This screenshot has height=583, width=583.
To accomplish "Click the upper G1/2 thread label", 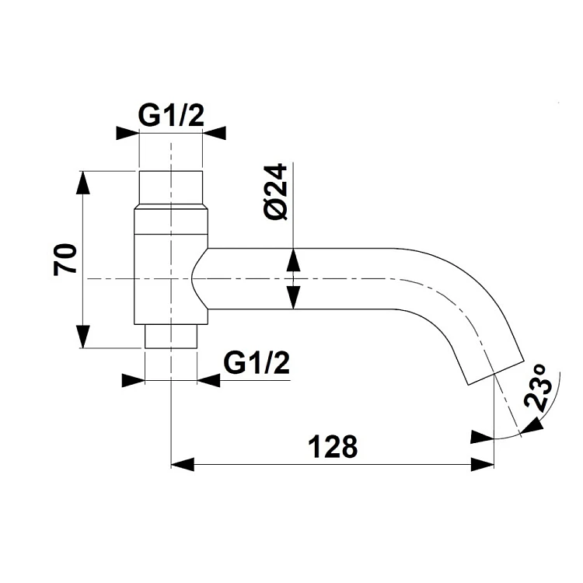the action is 171,116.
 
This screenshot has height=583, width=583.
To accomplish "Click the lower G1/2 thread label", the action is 257,363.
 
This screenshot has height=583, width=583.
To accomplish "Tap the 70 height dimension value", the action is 65,259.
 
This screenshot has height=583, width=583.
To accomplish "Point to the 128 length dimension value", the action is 333,446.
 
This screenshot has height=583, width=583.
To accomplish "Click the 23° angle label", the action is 537,388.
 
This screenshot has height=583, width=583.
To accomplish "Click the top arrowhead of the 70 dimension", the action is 82,183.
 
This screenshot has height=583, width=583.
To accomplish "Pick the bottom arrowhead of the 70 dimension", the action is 82,336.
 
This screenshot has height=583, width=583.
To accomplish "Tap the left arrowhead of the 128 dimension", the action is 182,464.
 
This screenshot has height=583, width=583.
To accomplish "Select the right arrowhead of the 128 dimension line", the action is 483,464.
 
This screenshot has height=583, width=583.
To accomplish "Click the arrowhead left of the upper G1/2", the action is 127,133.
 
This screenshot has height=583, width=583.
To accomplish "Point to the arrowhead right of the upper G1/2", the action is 215,133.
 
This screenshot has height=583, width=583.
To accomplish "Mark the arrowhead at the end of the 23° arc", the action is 532,426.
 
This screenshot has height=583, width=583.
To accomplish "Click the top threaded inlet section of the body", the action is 171,188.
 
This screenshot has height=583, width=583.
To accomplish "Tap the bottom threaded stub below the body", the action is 171,337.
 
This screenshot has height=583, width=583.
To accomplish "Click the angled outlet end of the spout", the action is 496,372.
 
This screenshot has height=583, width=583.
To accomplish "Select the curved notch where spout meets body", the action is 197,278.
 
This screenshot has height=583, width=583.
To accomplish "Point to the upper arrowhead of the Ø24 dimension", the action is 293,260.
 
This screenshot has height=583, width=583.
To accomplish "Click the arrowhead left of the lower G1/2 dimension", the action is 134,380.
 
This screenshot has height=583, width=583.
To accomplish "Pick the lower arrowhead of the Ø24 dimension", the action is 293,298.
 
